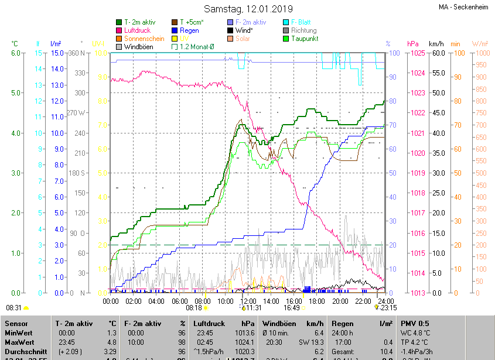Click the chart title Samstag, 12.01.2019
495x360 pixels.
[248, 9]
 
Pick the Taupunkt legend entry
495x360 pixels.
[304, 39]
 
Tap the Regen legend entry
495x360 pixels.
[189, 30]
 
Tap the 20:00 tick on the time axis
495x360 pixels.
[340, 301]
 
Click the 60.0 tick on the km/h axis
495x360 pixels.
[437, 53]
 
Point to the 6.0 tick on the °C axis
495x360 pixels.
[15, 53]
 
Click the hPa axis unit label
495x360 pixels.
[413, 44]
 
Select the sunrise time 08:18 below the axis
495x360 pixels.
[193, 307]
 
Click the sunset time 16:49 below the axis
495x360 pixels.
[291, 307]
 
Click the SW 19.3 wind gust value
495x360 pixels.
[310, 342]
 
